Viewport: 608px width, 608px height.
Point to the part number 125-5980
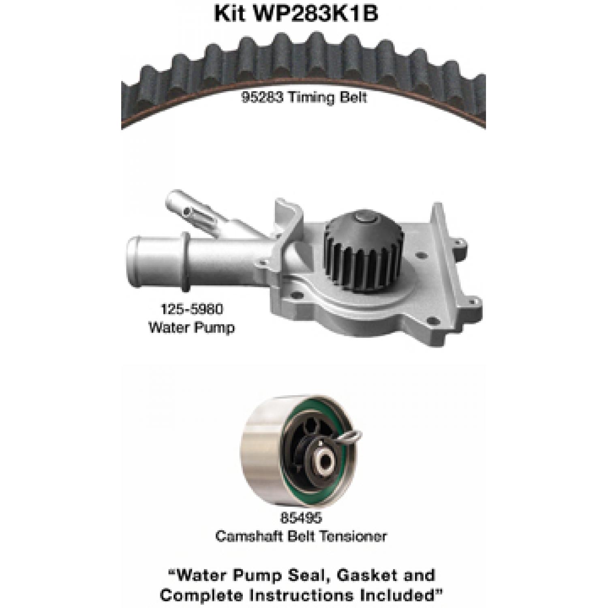pyautogui.click(x=192, y=309)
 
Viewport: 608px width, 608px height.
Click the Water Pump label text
pyautogui.click(x=192, y=327)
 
